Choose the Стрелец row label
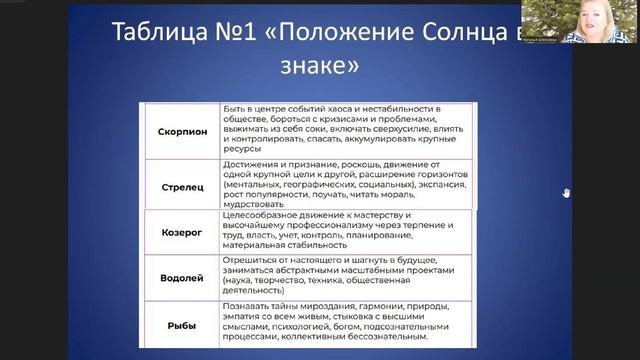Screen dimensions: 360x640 182,186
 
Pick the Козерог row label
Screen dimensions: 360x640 182,231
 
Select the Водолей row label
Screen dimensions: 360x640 182,276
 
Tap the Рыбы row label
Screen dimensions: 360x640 182,326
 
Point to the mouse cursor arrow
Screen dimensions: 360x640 566,193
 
